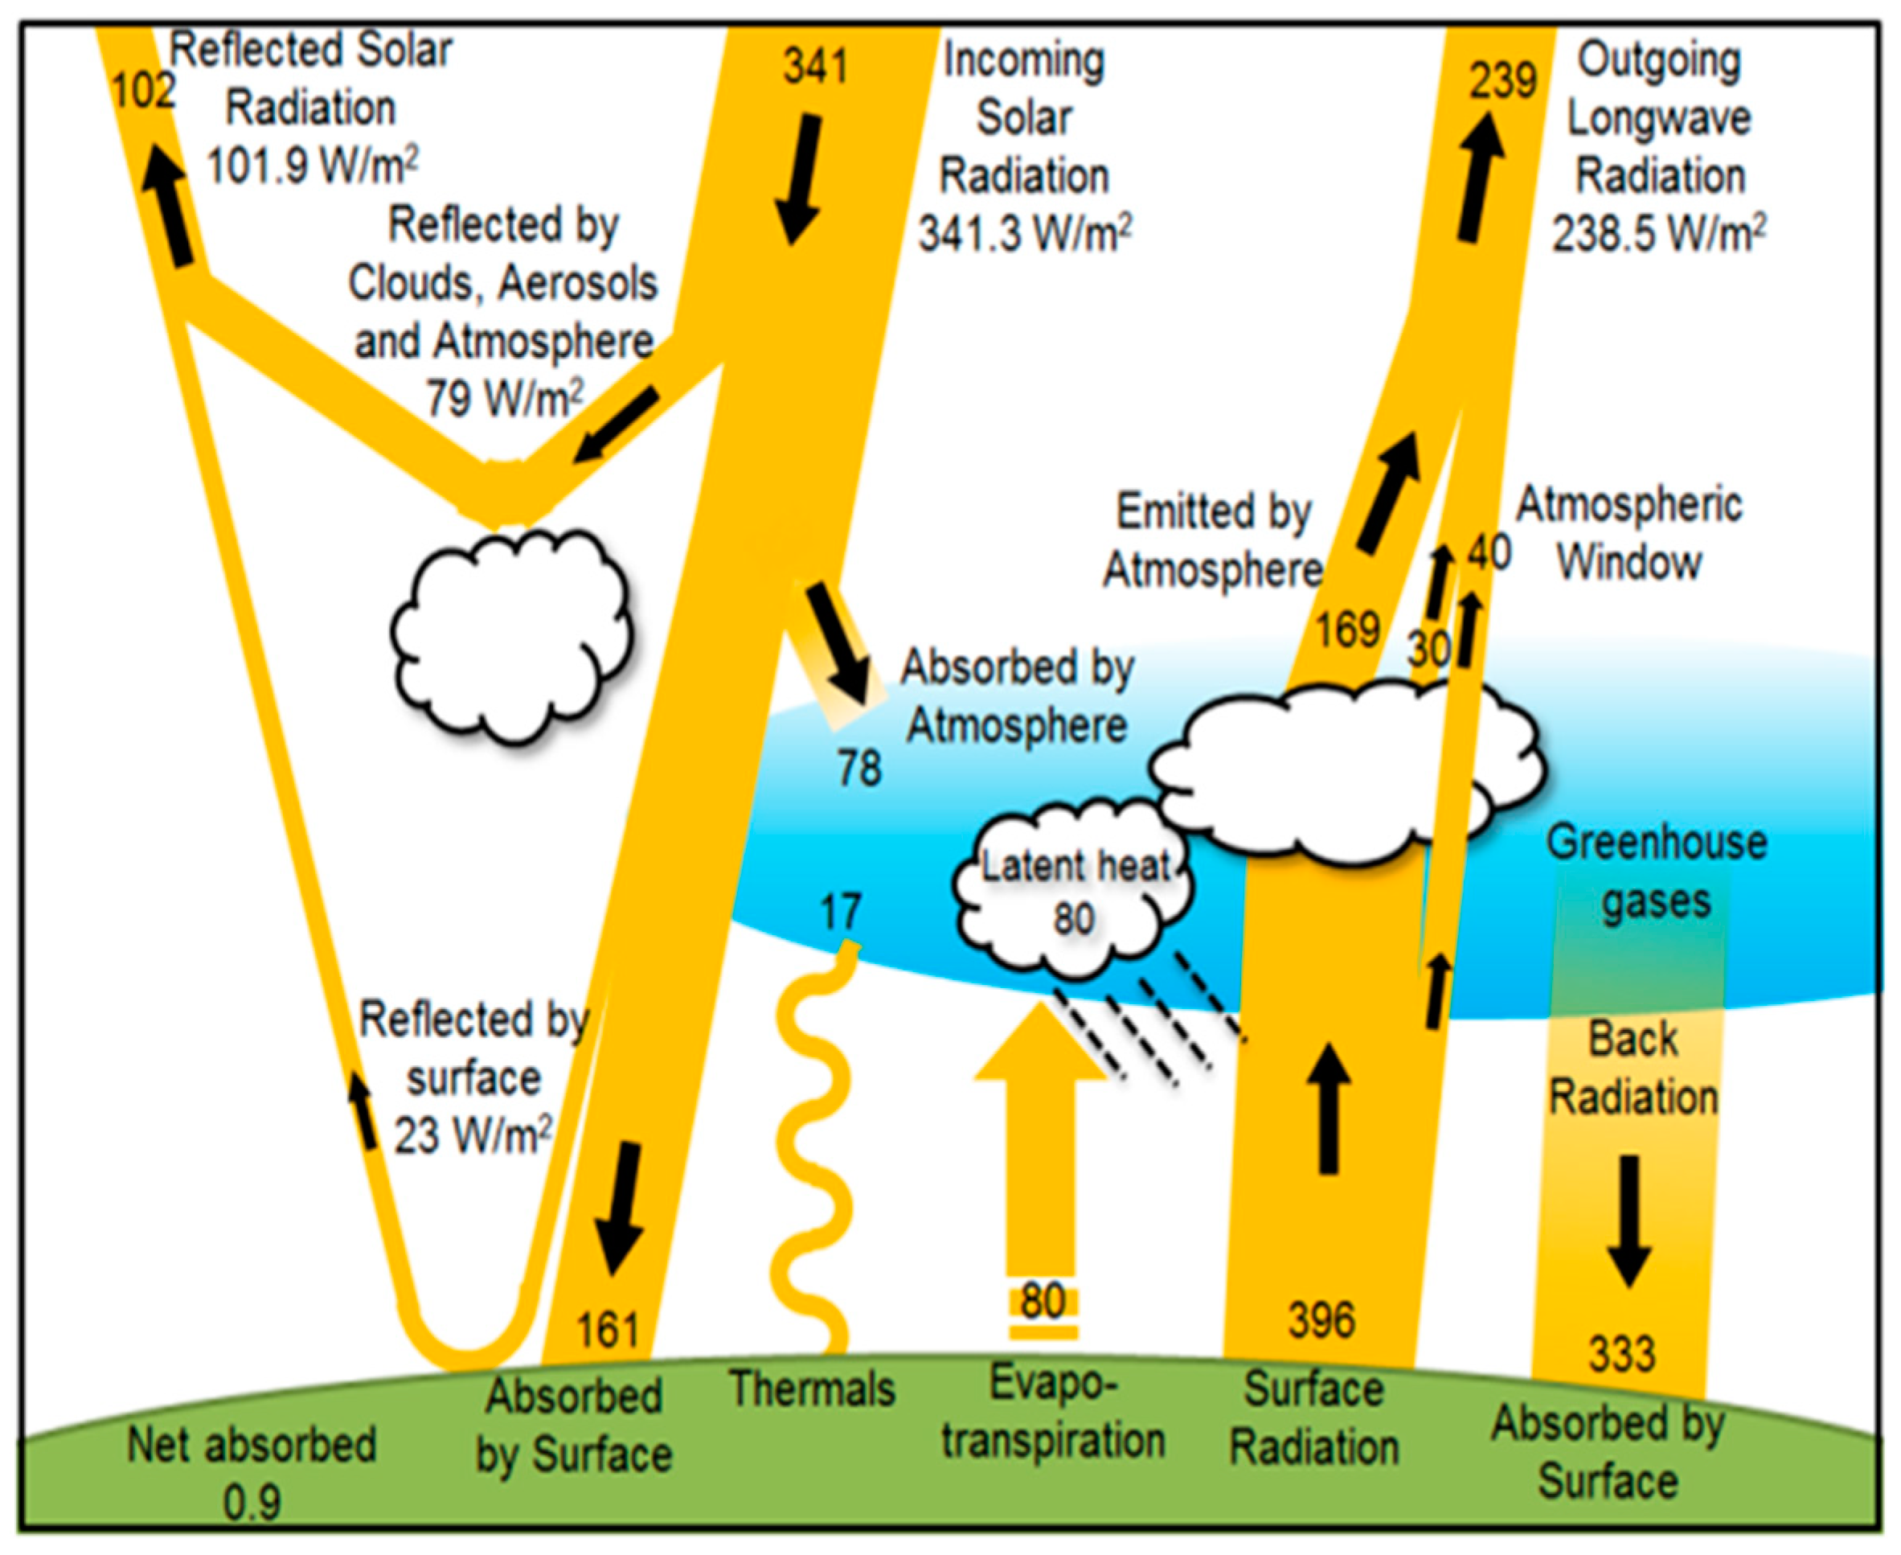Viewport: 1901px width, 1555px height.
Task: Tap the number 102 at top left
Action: (x=142, y=91)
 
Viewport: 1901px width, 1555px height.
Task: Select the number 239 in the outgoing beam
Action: (x=1502, y=80)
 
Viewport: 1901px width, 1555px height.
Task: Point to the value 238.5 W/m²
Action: (x=1658, y=235)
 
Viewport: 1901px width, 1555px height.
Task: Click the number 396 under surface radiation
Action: (x=1321, y=1320)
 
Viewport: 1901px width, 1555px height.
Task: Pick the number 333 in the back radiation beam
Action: (x=1621, y=1354)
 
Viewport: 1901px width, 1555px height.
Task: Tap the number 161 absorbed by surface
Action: (x=608, y=1330)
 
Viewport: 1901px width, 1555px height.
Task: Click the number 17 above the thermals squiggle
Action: (x=840, y=912)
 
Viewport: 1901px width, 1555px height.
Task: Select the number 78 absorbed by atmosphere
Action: (x=858, y=769)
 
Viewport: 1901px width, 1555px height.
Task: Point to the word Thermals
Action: (x=812, y=1390)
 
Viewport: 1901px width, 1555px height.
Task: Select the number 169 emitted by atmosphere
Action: (x=1346, y=630)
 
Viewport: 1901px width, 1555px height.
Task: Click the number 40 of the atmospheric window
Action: (x=1488, y=553)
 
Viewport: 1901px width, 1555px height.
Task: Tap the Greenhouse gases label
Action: (x=1656, y=872)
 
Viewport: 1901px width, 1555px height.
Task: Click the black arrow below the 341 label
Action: (x=799, y=179)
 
